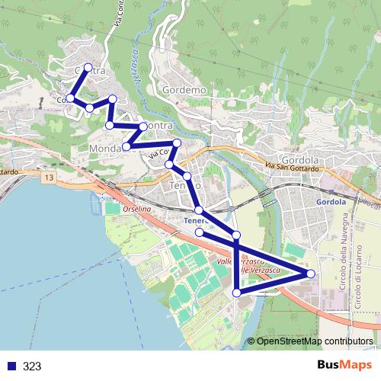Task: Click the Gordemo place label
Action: tap(184, 90)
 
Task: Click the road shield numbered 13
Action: tap(50, 178)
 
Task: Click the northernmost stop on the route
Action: tap(88, 68)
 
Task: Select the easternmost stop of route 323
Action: tap(310, 274)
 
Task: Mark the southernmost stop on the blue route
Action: tap(236, 293)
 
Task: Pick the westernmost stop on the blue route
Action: tap(70, 98)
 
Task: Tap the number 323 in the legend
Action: tap(33, 366)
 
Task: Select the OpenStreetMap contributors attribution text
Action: tap(315, 341)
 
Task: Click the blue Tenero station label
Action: tap(196, 222)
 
